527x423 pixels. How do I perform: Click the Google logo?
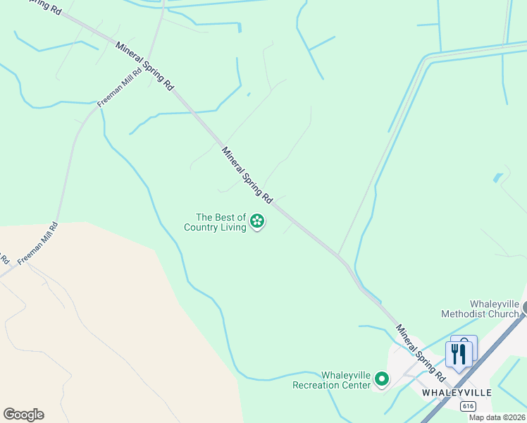point(23,415)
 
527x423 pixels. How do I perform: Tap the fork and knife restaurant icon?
point(459,353)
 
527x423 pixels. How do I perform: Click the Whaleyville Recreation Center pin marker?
point(382,379)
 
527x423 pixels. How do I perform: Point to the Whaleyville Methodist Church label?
point(480,309)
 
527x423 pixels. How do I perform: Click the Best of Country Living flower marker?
point(258,221)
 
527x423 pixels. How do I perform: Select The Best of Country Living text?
point(215,222)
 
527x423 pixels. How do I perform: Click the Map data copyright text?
point(497,417)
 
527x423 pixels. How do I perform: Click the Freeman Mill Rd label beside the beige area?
point(37,244)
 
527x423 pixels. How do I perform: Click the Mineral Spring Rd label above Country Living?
point(247,173)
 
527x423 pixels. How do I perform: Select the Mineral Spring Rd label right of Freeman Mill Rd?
point(144,64)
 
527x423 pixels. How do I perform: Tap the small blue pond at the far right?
point(498,178)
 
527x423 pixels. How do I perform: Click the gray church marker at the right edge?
point(523,307)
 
